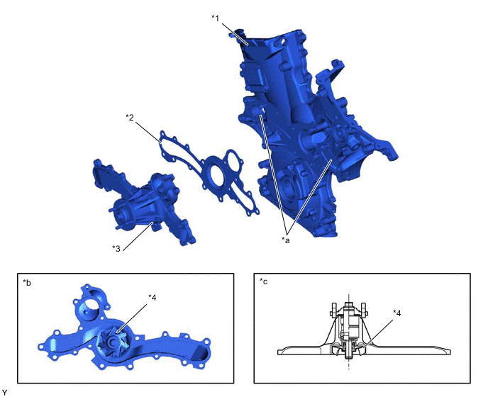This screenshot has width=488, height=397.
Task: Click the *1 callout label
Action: (x=216, y=18)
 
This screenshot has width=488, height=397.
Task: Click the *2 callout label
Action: (x=130, y=117)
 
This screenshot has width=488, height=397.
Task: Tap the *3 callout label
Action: (x=116, y=249)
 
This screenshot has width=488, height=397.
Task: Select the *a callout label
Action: (x=285, y=240)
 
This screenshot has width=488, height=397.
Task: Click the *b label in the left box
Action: (x=27, y=283)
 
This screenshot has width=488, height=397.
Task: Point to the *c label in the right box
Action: (x=263, y=281)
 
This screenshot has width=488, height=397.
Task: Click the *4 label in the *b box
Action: (x=152, y=298)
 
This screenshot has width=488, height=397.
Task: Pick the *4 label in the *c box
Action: (x=396, y=313)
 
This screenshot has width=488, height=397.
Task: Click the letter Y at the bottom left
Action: (x=4, y=393)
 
